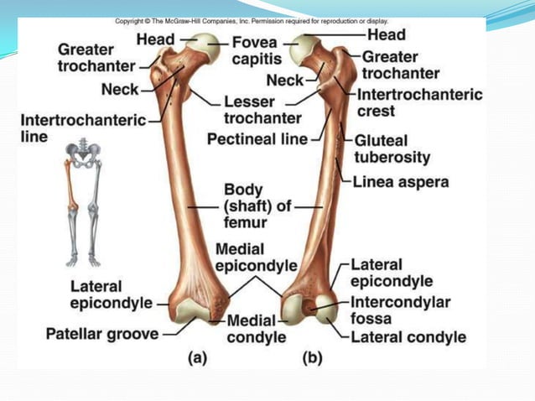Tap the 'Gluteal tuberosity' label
392,148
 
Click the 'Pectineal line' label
257,138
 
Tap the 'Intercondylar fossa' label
400,310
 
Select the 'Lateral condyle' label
408,337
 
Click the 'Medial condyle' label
257,329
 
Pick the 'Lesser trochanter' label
262,109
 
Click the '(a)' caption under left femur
196,357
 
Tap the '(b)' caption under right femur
312,357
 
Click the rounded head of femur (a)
206,50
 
